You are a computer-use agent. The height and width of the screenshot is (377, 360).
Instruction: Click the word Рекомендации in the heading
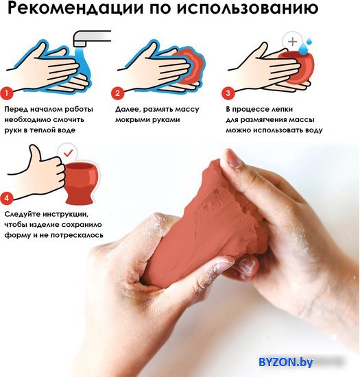coord(75,8)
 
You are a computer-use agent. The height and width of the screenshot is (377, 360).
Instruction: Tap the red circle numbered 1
coord(6,93)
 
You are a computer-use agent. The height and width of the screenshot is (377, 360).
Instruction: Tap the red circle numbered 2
coord(117,93)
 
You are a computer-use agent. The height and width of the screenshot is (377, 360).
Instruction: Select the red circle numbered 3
coord(228,93)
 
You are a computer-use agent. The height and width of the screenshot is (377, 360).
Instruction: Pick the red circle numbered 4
coord(6,198)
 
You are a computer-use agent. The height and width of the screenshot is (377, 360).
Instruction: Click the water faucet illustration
coord(91,38)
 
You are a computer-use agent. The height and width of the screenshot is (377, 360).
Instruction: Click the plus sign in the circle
coord(292,42)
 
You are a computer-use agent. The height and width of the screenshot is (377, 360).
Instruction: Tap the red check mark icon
coord(69,152)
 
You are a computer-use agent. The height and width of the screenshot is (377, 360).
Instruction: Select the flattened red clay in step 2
coord(193,65)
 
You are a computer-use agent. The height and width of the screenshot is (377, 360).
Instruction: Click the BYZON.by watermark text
coord(286,362)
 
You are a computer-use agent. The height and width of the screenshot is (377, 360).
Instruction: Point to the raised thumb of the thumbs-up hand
coord(34,154)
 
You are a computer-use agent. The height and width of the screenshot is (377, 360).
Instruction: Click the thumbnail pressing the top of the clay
coord(231,159)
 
